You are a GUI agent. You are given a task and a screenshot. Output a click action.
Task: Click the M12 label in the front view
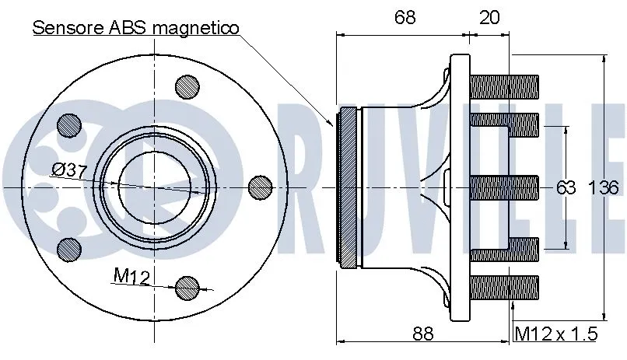coord(131,276)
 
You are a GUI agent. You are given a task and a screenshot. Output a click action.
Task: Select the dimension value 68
coord(404,17)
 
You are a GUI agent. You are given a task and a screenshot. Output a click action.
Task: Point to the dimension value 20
coord(489,17)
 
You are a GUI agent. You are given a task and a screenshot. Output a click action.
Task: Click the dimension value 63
coord(566,187)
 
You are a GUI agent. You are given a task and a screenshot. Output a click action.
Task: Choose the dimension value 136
coord(604,187)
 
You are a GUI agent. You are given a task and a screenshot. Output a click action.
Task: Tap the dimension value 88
coord(422,334)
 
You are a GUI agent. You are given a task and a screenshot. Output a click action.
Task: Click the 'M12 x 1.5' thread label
coord(557,334)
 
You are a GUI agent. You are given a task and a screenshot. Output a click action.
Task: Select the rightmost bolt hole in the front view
coord(259,187)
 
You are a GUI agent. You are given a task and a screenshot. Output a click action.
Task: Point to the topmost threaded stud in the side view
coord(506,82)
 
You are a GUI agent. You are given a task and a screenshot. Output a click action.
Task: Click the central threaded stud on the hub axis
coord(506,187)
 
